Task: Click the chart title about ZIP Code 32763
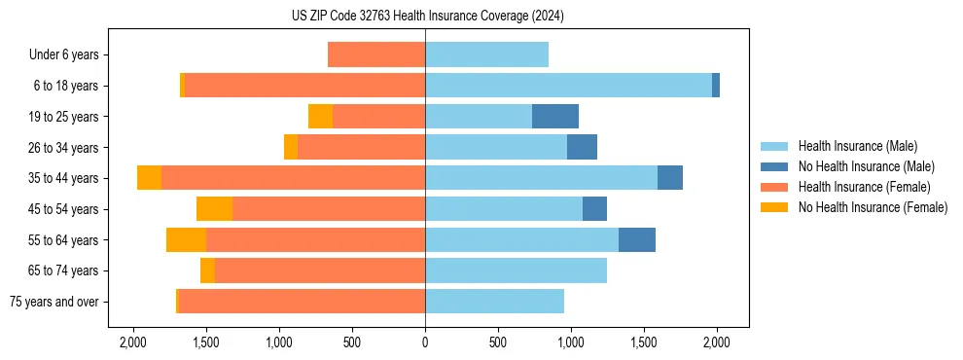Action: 427,16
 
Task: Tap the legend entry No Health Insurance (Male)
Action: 866,166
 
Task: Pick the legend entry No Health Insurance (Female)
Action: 873,207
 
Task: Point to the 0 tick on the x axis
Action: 425,342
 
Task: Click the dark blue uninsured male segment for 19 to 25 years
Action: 555,117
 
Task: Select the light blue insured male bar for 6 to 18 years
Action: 568,86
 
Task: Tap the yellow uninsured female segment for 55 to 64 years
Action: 186,240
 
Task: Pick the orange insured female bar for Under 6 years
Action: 376,55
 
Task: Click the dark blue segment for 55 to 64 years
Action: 637,240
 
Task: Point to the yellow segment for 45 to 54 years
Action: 214,209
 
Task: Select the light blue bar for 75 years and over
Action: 494,302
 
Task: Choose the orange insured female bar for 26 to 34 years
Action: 361,148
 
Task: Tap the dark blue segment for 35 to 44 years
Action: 670,178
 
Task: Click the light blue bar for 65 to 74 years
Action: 516,270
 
